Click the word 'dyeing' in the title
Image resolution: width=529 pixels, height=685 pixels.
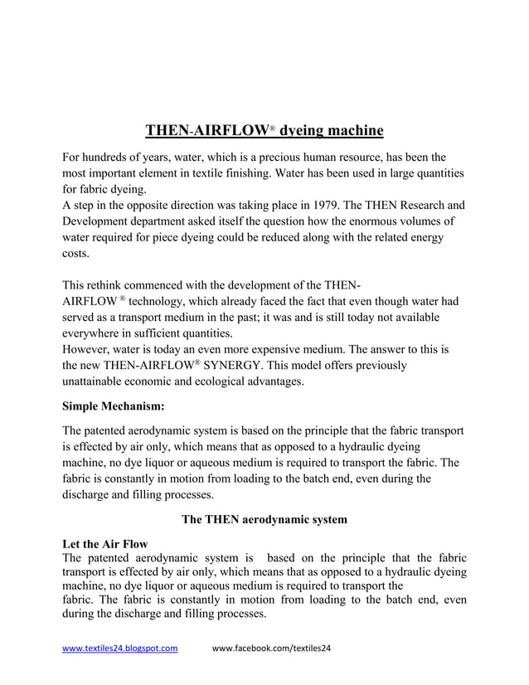click(305, 130)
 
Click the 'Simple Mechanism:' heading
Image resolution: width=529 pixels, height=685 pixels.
click(114, 406)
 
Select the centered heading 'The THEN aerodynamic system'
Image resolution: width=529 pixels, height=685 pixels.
click(264, 519)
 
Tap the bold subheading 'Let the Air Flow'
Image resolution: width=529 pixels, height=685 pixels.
click(105, 544)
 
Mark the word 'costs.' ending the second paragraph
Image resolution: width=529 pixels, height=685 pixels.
click(76, 253)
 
